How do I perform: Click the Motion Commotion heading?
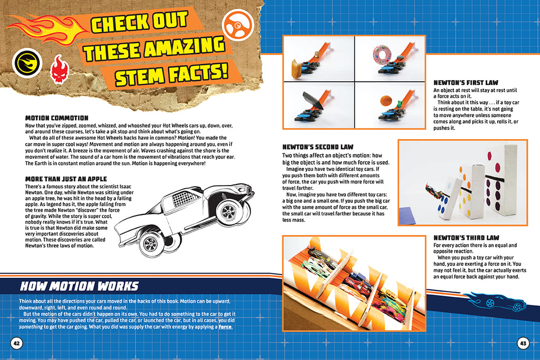[x=57, y=118]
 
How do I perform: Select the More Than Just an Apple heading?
[x=66, y=179]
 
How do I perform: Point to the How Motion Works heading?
[x=79, y=287]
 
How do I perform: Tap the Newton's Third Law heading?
[x=466, y=238]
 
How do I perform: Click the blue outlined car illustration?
[x=497, y=301]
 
